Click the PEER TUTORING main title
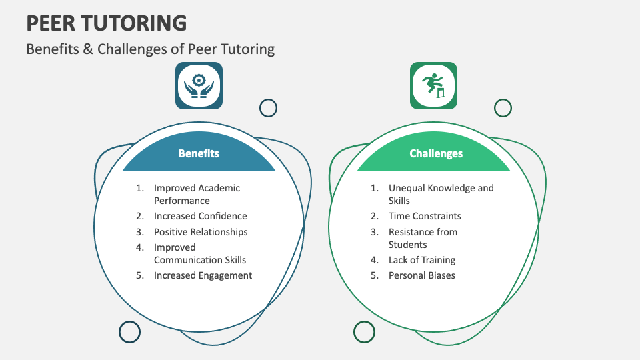point(107,23)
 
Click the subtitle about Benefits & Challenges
point(150,49)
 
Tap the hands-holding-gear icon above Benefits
point(199,85)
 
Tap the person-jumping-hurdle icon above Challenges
point(433,85)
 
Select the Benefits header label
point(199,153)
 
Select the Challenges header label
point(436,153)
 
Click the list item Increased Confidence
point(200,216)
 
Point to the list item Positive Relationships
point(200,232)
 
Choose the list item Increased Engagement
point(203,275)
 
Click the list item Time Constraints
point(425,216)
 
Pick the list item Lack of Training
point(422,260)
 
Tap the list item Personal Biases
point(421,275)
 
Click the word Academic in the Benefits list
point(219,188)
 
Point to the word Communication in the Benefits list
point(187,260)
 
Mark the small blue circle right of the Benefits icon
point(268,108)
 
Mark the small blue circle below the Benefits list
point(129,331)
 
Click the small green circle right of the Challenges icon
point(503,108)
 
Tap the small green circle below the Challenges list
point(364,331)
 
